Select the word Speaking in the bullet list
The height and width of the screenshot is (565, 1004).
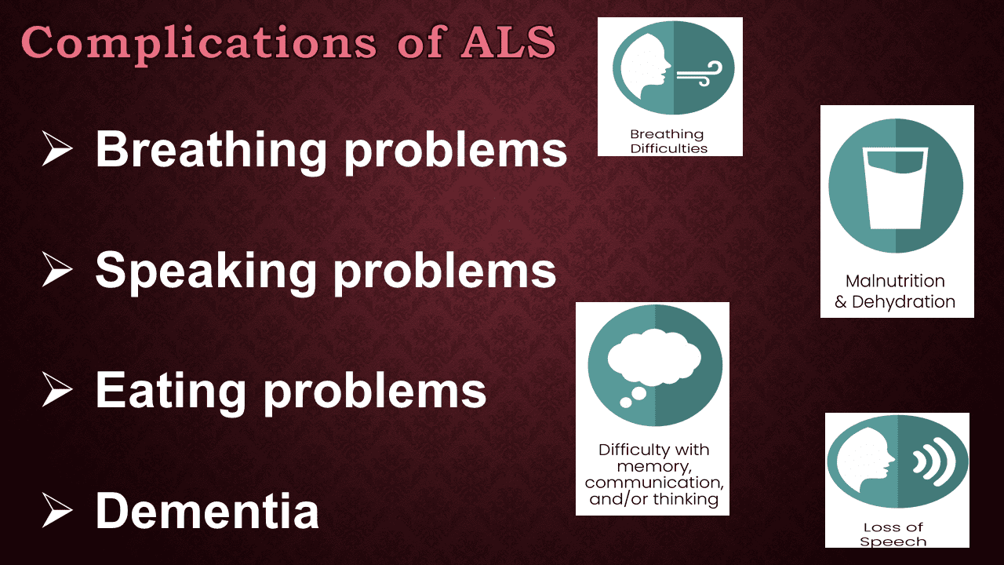(x=206, y=270)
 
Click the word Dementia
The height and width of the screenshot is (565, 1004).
(x=207, y=510)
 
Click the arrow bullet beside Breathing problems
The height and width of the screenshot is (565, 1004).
(x=58, y=149)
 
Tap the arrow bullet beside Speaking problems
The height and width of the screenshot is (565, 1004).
(x=58, y=270)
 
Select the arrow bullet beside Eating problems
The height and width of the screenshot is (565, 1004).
(x=58, y=390)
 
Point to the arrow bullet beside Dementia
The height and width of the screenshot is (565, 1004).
(x=58, y=510)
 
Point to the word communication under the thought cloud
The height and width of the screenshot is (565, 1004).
(x=653, y=482)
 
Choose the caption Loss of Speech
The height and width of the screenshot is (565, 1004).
(x=897, y=534)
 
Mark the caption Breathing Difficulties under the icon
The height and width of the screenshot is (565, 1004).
(x=669, y=141)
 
